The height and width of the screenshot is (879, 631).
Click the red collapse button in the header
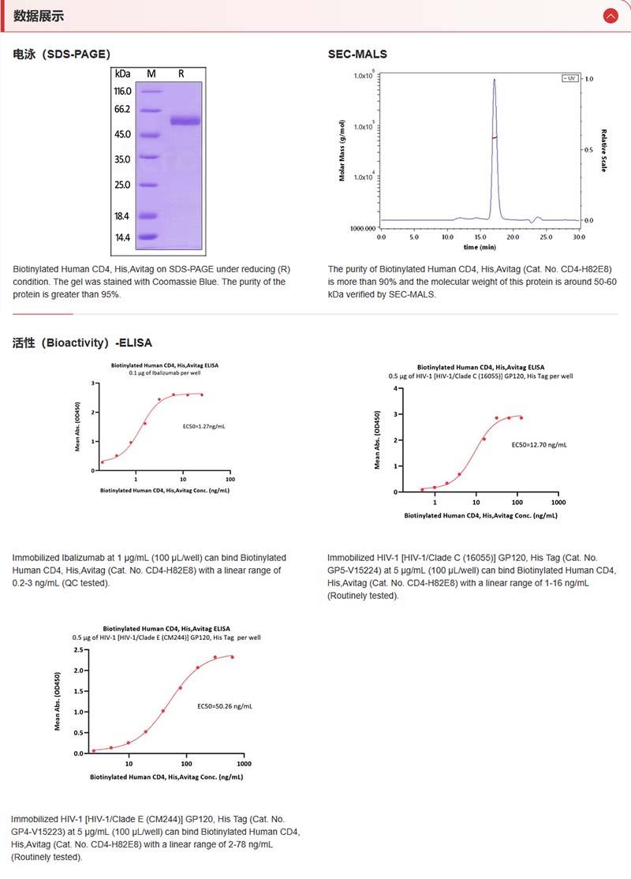610,15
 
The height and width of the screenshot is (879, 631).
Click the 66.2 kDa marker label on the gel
122,110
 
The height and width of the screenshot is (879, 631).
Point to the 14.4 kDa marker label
122,237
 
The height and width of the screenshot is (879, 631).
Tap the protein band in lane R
185,121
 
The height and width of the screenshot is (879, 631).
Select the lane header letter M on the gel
151,73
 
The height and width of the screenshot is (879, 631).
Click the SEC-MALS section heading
357,54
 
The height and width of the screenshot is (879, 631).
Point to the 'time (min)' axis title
480,247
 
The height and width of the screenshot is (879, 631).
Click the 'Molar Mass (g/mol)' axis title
342,151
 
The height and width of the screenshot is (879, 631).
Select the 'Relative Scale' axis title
603,151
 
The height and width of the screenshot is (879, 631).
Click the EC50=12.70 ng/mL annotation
539,445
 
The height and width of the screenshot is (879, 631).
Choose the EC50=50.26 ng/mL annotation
225,706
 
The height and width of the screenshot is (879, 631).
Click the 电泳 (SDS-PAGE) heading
62,54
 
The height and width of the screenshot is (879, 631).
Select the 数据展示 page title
39,16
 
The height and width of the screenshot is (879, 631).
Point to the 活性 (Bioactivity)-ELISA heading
82,343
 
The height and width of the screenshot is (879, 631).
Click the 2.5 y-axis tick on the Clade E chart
78,650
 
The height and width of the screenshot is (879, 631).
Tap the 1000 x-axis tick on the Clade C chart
558,502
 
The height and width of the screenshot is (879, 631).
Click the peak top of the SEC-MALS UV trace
495,80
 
